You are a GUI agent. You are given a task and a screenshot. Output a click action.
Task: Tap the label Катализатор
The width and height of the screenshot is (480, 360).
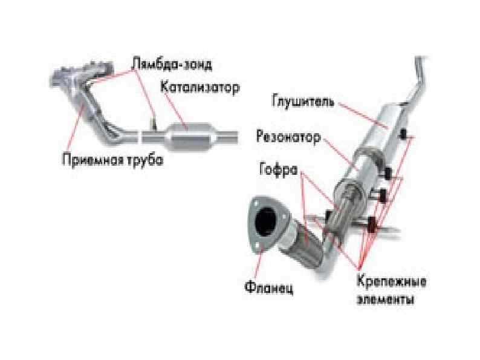pos(199,87)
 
